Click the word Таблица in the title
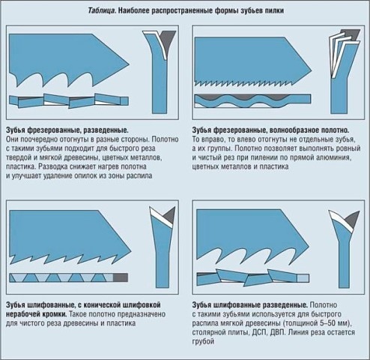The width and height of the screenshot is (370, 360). click(x=102, y=11)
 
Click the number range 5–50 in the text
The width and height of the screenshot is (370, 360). click(x=328, y=323)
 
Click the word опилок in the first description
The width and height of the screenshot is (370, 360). click(x=85, y=175)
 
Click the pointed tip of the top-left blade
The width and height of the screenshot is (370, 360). click(x=129, y=64)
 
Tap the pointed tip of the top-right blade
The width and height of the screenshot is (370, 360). click(x=312, y=70)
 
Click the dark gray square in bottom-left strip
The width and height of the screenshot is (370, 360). click(x=121, y=277)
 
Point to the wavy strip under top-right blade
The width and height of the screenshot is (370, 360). click(x=252, y=101)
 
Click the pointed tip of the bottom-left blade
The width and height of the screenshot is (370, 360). click(x=131, y=250)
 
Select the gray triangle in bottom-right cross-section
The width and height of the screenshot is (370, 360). click(x=351, y=219)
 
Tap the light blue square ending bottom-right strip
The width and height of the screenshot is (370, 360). click(x=303, y=278)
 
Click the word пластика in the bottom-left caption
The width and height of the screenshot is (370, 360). click(x=121, y=323)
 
